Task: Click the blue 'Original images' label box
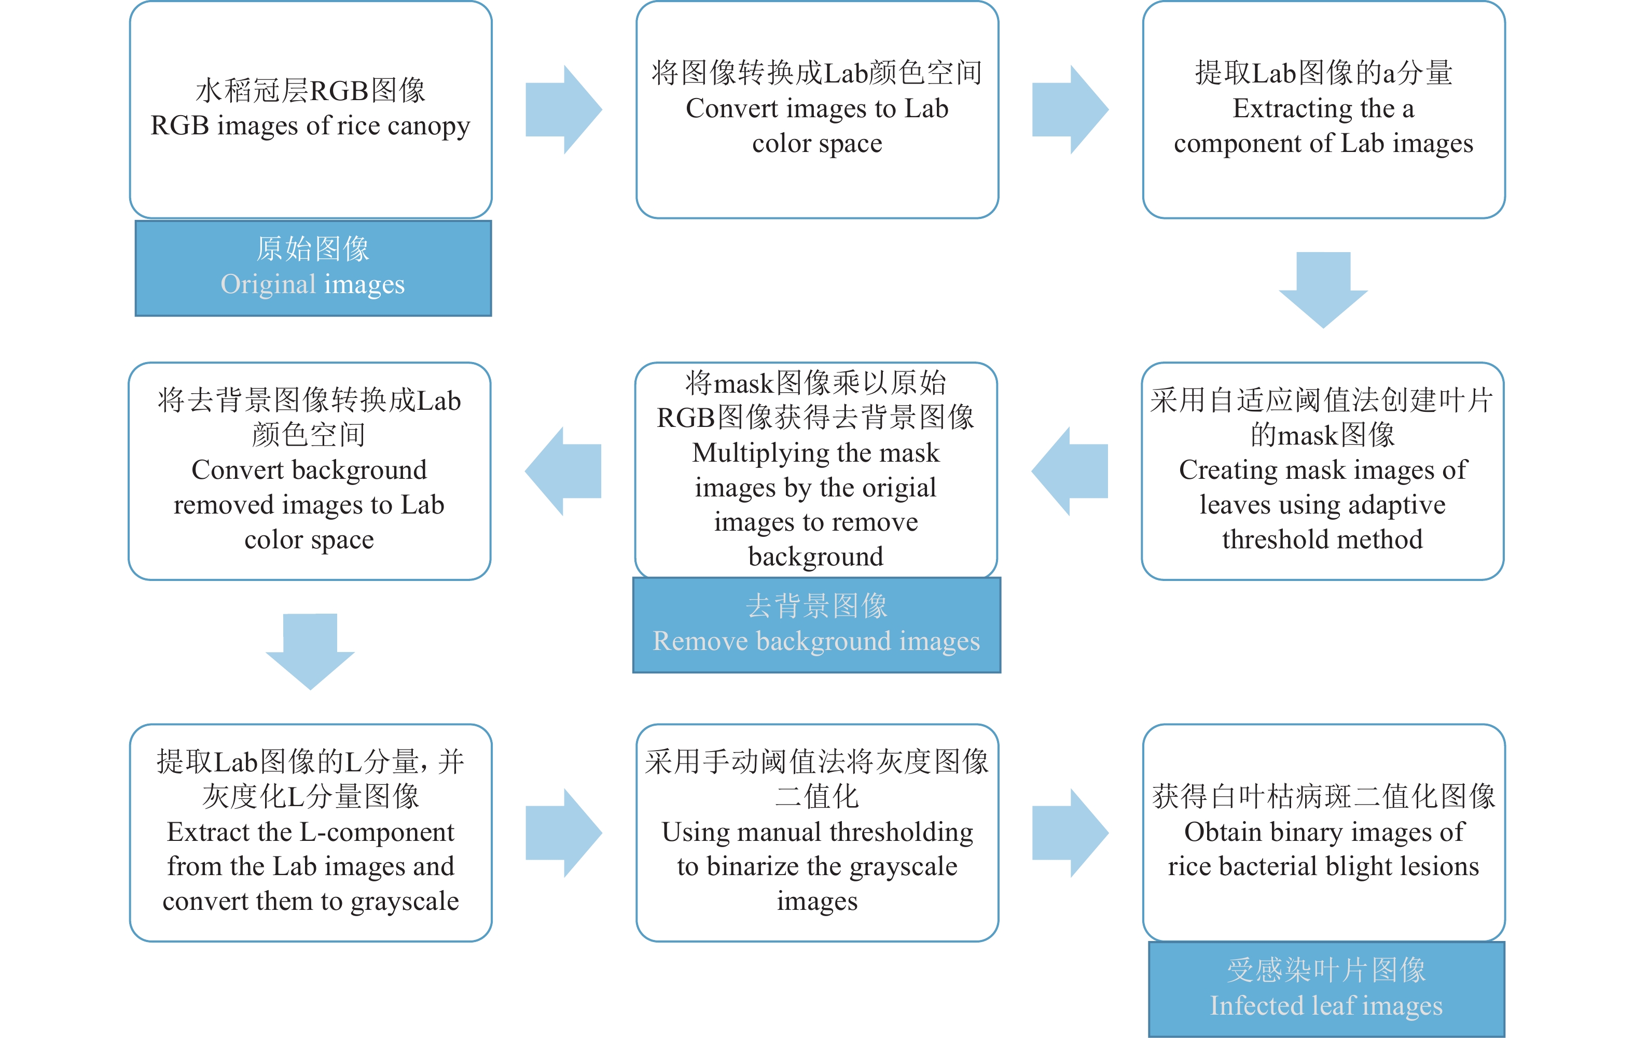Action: [x=313, y=268]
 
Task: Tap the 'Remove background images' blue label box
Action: [x=816, y=625]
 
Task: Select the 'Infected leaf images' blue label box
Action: [x=1326, y=989]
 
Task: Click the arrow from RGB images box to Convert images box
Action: [x=564, y=110]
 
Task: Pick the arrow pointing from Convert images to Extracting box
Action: [x=1070, y=110]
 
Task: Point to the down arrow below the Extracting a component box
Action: [x=1323, y=290]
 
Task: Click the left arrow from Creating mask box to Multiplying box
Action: [x=1070, y=472]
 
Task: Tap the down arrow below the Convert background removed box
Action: [x=310, y=652]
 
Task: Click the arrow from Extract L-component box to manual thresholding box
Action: [x=564, y=833]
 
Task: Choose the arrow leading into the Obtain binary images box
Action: [x=1070, y=833]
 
